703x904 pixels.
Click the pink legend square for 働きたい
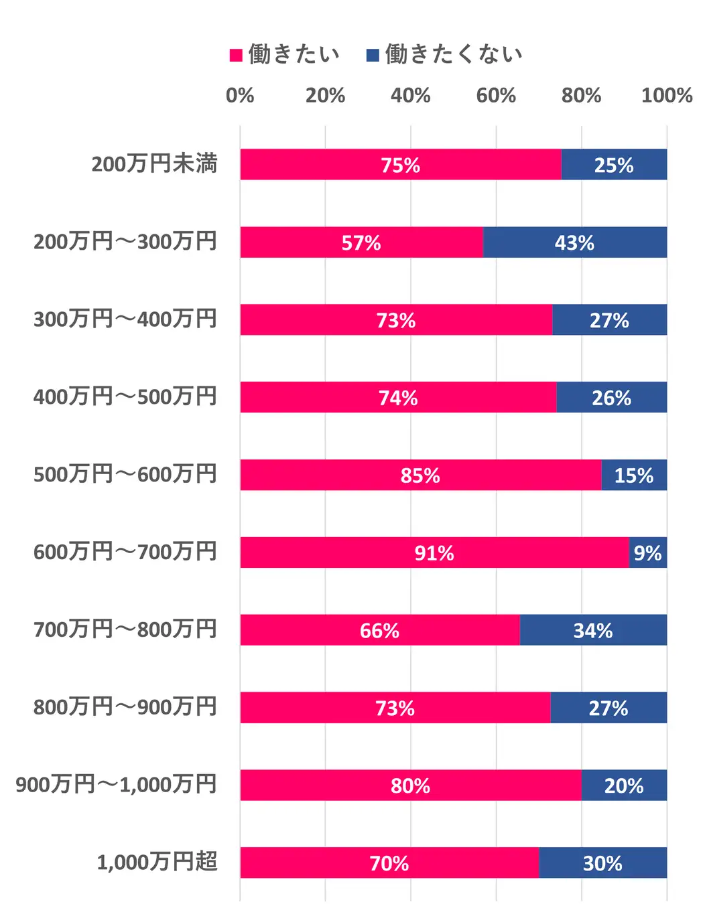[x=236, y=55]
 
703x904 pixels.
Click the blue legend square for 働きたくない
[x=373, y=55]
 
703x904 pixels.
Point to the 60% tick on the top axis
[x=496, y=96]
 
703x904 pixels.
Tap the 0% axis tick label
[x=240, y=96]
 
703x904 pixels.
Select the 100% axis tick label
[x=666, y=96]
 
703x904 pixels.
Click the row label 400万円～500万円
[x=125, y=396]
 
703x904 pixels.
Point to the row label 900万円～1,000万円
[x=116, y=784]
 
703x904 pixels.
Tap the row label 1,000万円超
[x=157, y=862]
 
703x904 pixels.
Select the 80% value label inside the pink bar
[x=410, y=785]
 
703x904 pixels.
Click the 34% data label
[x=592, y=631]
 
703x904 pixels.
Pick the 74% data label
[x=398, y=398]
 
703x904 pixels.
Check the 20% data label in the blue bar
[x=623, y=785]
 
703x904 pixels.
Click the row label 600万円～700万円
[x=125, y=552]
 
